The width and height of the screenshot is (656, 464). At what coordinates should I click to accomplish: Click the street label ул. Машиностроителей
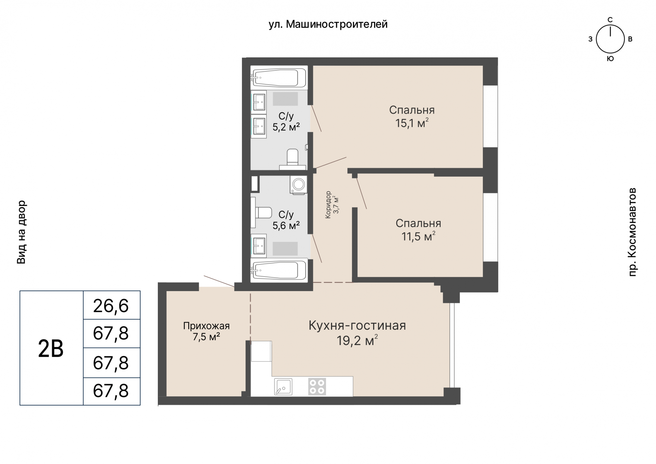(x=328, y=24)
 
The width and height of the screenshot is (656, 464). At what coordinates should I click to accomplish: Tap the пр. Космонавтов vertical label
(x=632, y=232)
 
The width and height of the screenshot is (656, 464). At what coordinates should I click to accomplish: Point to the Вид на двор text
(x=21, y=232)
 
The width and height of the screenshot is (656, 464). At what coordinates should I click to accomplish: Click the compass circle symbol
(x=610, y=39)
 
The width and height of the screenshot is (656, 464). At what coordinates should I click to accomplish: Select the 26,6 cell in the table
(x=111, y=305)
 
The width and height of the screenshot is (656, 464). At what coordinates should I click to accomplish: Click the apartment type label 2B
(x=51, y=349)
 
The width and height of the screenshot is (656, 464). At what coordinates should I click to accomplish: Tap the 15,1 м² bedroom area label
(x=412, y=123)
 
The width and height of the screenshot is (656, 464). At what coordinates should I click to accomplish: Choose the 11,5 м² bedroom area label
(x=419, y=236)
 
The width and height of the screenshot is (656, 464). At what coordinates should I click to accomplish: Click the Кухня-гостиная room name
(x=357, y=326)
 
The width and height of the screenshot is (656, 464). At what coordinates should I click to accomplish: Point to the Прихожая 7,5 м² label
(x=206, y=331)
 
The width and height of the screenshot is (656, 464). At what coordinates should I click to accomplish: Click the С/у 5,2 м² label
(x=286, y=121)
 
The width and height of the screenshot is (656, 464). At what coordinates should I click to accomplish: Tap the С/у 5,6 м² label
(x=286, y=220)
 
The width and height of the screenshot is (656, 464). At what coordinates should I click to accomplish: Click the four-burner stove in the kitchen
(x=317, y=386)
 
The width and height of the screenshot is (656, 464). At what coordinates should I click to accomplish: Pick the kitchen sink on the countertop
(x=283, y=386)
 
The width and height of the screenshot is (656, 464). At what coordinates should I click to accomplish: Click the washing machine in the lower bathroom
(x=299, y=185)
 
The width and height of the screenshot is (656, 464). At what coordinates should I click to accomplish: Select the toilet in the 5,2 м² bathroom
(x=292, y=159)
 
